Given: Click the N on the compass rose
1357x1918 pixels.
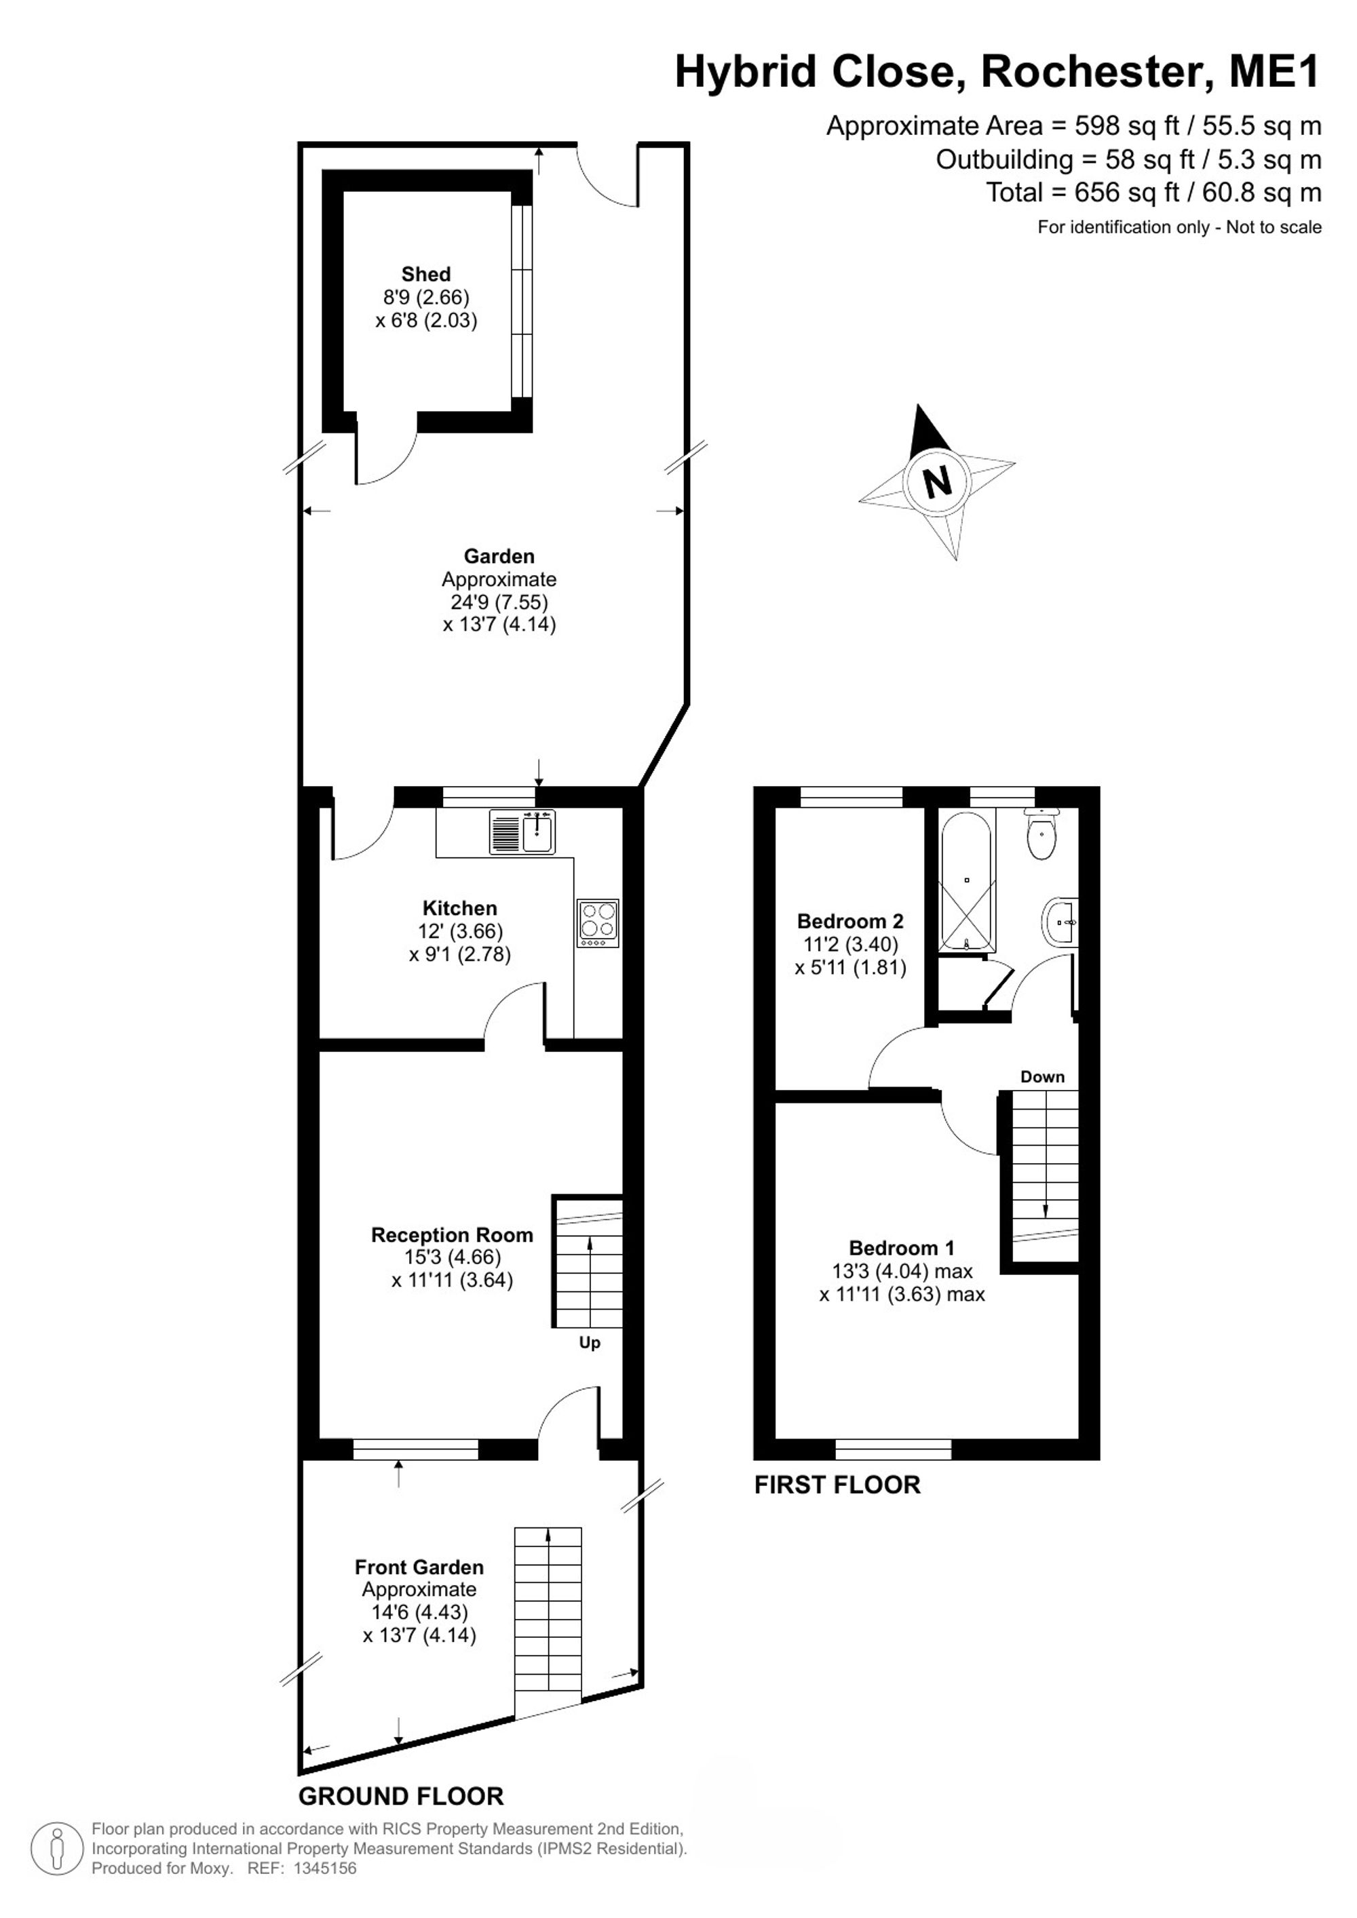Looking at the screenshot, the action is (938, 482).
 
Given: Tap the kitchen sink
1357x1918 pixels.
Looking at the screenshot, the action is (522, 832).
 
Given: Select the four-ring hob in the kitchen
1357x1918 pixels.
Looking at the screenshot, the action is (598, 923).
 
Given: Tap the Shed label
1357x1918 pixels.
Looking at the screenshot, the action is (426, 274).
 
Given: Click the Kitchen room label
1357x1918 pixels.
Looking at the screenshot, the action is (459, 908).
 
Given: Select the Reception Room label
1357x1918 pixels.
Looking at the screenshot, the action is (452, 1234).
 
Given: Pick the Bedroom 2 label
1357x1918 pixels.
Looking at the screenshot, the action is (851, 922).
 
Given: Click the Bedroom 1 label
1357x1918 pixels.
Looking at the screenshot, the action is (902, 1248).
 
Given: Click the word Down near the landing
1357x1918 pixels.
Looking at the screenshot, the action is (1043, 1077).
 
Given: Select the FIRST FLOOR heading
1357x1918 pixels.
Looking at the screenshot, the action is (837, 1485).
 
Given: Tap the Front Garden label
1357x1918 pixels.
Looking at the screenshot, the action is (419, 1567).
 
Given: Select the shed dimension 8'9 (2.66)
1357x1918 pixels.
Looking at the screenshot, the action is (426, 296).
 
